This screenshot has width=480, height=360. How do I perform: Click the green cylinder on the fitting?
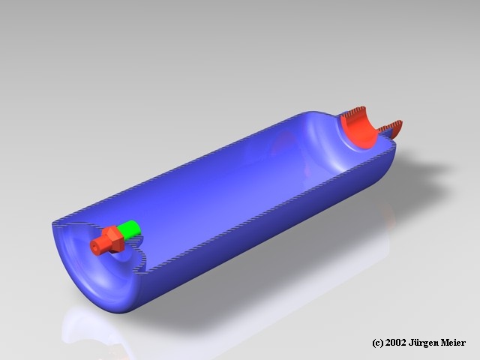pyautogui.click(x=130, y=229)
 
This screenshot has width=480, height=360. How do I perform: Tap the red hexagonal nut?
pyautogui.click(x=114, y=239)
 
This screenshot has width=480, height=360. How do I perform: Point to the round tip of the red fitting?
pyautogui.click(x=95, y=246)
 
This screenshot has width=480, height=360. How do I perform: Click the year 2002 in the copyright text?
pyautogui.click(x=395, y=343)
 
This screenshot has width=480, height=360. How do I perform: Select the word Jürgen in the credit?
pyautogui.click(x=424, y=343)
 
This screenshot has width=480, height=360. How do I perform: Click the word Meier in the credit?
pyautogui.click(x=453, y=343)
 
